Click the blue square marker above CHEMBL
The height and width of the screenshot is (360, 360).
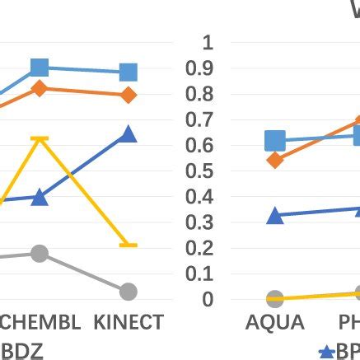[40, 68]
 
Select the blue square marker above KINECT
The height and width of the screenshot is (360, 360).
[128, 72]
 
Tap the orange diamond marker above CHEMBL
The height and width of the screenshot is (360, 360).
[40, 89]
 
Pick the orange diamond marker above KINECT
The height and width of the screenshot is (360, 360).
[128, 96]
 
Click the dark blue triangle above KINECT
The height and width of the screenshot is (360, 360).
[128, 134]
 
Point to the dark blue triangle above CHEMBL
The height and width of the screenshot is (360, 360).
[40, 197]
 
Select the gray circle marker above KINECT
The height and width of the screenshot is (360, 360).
[128, 292]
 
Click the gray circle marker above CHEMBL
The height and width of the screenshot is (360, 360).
[40, 254]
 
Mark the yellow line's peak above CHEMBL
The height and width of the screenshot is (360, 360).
[40, 138]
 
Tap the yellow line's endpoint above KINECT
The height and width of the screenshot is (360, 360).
[128, 245]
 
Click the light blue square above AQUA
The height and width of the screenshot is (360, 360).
[275, 142]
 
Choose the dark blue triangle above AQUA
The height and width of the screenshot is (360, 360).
[275, 216]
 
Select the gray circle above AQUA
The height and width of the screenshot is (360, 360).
[275, 298]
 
